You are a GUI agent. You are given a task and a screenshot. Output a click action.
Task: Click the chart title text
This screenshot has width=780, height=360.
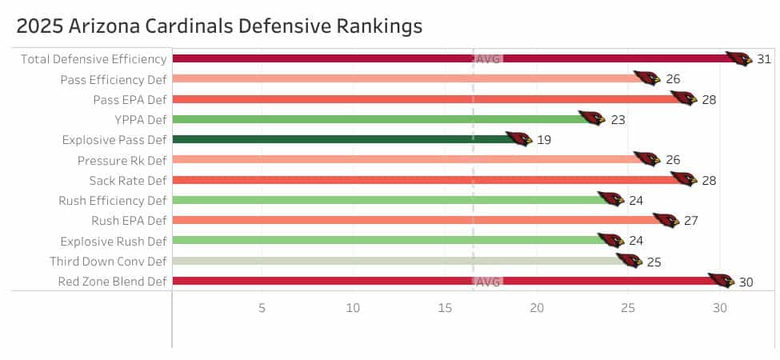pos(218,26)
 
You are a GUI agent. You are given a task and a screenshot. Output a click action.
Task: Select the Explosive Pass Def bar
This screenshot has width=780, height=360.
pos(336,139)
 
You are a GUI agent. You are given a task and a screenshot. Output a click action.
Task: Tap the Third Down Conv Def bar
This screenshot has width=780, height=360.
pos(392,261)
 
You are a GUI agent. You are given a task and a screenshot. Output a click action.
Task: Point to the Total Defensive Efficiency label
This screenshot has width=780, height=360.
pos(94,58)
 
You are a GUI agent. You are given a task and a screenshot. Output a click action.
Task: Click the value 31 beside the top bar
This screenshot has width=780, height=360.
pos(764,59)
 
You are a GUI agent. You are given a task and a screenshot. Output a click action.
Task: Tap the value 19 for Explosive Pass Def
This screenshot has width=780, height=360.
pos(544,140)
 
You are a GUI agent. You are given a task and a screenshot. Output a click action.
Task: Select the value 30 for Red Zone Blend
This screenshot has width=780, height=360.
pos(746,282)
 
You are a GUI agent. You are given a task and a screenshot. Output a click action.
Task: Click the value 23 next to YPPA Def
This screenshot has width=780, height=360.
pos(618,120)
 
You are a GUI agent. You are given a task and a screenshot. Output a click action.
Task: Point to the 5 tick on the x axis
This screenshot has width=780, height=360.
pos(262,308)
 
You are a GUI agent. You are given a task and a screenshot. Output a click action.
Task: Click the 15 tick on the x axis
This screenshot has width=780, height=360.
pos(445,308)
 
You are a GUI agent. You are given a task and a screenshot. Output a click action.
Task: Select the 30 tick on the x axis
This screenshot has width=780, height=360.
pos(720,308)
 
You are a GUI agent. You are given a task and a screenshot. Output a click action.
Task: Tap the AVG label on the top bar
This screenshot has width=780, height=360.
pos(488,59)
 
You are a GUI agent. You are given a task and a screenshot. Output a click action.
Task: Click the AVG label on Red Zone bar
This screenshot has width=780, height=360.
pos(488,282)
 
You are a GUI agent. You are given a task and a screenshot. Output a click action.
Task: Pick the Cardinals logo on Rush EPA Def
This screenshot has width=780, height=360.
pos(666,220)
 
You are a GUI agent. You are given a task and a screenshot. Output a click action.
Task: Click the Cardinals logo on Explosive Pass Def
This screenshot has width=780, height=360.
pos(518,139)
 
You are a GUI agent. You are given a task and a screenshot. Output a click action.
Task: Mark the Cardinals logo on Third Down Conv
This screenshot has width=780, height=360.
pos(629,260)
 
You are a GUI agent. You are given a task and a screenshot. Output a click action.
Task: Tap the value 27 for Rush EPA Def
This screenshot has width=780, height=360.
pos(691,221)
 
